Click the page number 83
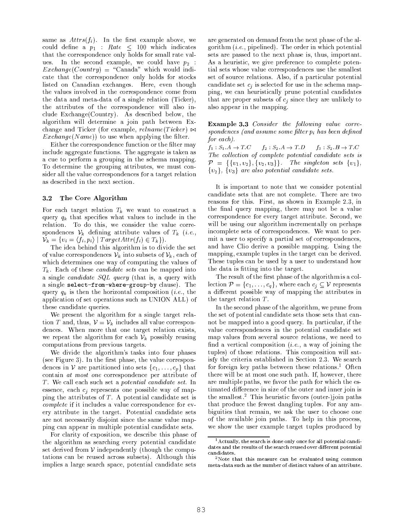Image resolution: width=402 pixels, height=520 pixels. (x=201, y=510)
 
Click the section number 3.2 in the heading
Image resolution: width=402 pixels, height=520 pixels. (x=47, y=198)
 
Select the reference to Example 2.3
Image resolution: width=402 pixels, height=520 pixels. (x=336, y=201)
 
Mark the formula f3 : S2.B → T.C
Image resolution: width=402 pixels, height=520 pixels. (x=338, y=147)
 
